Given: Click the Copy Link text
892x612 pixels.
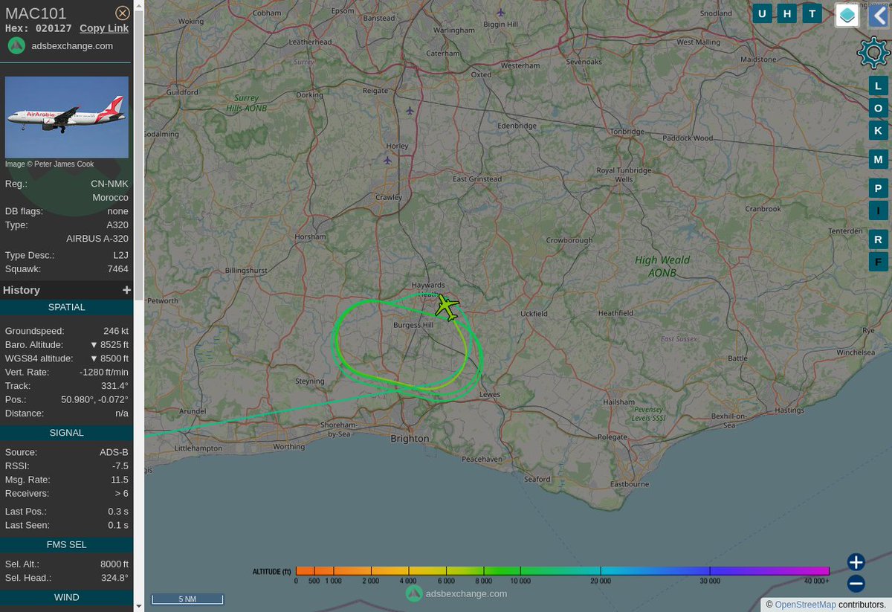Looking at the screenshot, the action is pyautogui.click(x=104, y=28).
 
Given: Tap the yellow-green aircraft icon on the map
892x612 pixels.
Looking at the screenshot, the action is pyautogui.click(x=447, y=306).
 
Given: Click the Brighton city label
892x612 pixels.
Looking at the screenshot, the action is pyautogui.click(x=410, y=439).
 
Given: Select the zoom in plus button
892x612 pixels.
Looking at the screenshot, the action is pyautogui.click(x=856, y=562).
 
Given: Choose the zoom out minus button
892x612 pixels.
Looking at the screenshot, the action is pyautogui.click(x=856, y=584).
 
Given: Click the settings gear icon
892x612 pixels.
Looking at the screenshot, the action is pyautogui.click(x=873, y=53).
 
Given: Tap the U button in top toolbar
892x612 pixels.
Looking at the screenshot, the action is pyautogui.click(x=763, y=13).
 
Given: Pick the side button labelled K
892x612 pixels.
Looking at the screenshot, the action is pyautogui.click(x=878, y=131).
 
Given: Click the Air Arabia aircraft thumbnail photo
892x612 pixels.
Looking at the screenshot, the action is pyautogui.click(x=67, y=117).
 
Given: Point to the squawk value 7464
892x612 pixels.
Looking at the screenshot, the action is pyautogui.click(x=117, y=269).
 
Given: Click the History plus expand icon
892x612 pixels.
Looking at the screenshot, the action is pyautogui.click(x=126, y=290).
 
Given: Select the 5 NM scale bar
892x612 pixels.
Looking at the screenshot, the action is pyautogui.click(x=187, y=599).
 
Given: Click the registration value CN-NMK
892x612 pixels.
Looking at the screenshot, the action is pyautogui.click(x=110, y=184).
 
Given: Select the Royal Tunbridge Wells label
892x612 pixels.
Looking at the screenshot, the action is pyautogui.click(x=615, y=175).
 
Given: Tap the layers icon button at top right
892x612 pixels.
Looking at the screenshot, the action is pyautogui.click(x=847, y=15).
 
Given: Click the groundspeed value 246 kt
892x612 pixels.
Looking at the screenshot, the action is pyautogui.click(x=115, y=331).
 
